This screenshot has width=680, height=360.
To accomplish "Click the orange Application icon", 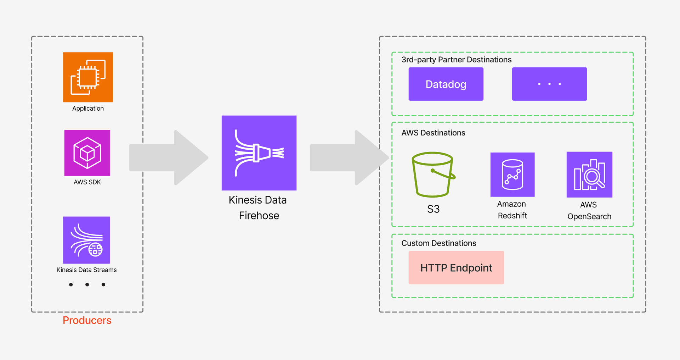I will (88, 77).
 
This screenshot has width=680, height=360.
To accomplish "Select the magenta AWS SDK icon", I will (87, 153).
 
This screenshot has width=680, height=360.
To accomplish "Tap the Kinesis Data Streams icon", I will (86, 240).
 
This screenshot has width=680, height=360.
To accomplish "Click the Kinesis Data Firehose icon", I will (259, 153).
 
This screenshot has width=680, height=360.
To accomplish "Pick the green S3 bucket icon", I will (433, 175).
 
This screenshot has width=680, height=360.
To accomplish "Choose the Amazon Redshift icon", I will (512, 175).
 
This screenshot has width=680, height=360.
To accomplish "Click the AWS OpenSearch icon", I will (589, 175).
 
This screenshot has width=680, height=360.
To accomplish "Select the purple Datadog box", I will (446, 84).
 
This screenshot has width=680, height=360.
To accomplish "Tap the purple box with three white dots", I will (549, 84).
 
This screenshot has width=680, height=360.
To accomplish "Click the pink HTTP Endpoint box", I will (456, 268).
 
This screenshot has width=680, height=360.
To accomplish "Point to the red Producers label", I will (87, 320).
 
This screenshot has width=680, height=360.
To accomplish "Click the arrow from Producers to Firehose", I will (168, 158).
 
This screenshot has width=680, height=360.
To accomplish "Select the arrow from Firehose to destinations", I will (349, 158).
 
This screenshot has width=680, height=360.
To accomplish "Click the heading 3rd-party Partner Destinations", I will (456, 60).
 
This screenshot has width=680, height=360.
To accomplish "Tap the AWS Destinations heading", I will (433, 133).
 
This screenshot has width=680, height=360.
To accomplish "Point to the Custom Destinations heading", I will (438, 243).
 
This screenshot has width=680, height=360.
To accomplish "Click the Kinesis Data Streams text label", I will (86, 270).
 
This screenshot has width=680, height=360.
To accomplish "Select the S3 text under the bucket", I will (433, 209).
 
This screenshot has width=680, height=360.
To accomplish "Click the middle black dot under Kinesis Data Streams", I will (87, 284).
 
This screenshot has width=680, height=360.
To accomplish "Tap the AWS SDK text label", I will (87, 182).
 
